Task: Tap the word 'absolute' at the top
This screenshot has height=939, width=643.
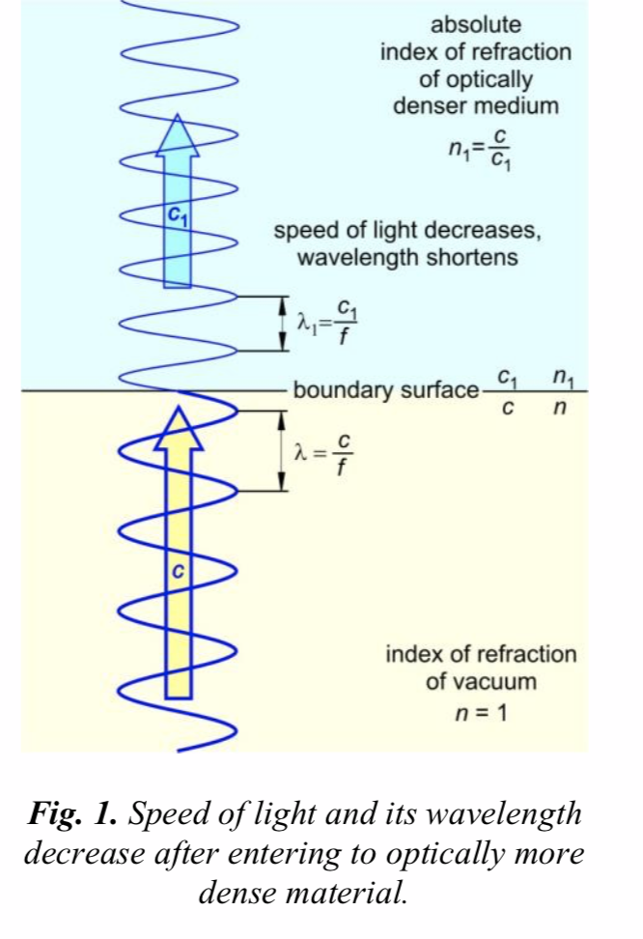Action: click(475, 24)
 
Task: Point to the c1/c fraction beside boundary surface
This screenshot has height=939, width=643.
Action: click(505, 390)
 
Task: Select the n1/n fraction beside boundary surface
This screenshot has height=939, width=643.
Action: click(555, 390)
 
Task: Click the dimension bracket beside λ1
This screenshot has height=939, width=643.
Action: click(282, 323)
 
